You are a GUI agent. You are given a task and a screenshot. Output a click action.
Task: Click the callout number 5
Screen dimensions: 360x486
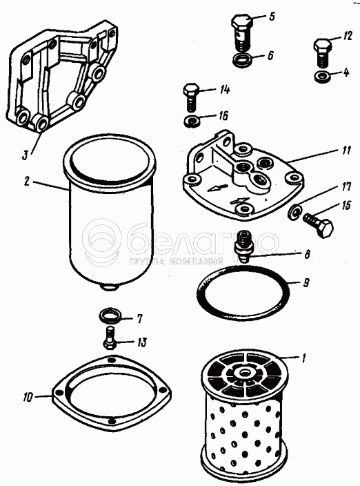pyautogui.click(x=272, y=16)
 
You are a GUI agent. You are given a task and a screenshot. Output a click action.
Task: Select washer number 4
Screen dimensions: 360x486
pyautogui.click(x=322, y=77)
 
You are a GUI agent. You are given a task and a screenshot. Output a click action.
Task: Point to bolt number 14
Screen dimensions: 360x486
pyautogui.click(x=190, y=97)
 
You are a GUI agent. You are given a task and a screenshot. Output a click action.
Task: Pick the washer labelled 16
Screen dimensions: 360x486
pyautogui.click(x=190, y=120)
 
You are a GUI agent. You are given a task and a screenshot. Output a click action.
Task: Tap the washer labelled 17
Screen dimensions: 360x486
pyautogui.click(x=294, y=212)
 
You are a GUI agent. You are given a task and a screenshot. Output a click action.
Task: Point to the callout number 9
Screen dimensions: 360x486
pyautogui.click(x=306, y=282)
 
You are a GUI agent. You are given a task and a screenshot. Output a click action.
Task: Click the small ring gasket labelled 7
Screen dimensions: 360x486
pyautogui.click(x=109, y=315)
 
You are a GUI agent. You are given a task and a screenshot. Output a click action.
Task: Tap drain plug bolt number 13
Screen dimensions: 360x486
pyautogui.click(x=110, y=338)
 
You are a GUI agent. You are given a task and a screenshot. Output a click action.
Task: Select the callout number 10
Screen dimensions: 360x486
pyautogui.click(x=27, y=398)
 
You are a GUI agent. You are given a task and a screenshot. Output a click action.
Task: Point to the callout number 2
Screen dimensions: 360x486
pyautogui.click(x=27, y=182)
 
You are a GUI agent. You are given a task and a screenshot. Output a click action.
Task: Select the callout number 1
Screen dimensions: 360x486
pyautogui.click(x=304, y=358)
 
